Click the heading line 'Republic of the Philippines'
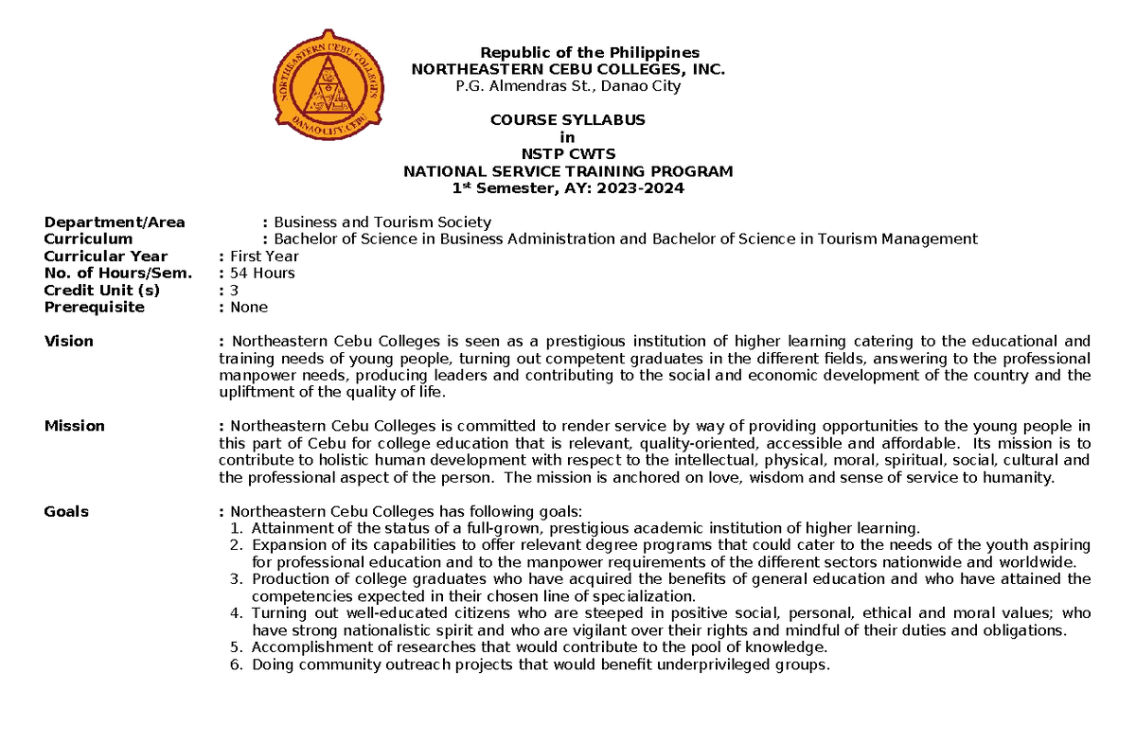click(589, 52)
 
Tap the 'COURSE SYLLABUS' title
click(567, 120)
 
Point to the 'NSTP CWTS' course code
click(568, 154)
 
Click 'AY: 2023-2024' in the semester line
click(631, 188)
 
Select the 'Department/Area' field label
click(115, 222)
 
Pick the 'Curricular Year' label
click(106, 257)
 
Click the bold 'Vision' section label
click(68, 342)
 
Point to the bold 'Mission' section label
click(74, 426)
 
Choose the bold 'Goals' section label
click(66, 512)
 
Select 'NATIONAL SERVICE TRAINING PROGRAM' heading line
click(568, 171)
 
